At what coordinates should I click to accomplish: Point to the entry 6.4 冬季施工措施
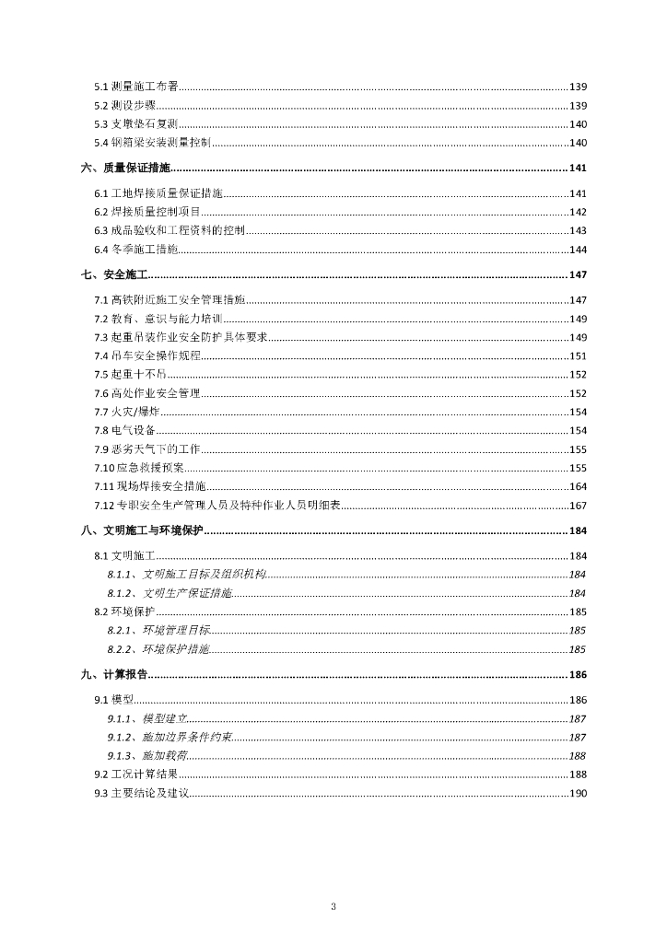point(136,250)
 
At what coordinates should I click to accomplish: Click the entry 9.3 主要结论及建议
point(141,793)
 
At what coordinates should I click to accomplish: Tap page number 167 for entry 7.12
point(578,505)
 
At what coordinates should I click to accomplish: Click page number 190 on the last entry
point(578,793)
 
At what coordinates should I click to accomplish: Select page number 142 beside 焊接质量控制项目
point(578,212)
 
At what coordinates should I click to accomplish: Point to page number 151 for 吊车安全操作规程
point(578,355)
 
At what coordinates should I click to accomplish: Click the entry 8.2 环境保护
point(123,611)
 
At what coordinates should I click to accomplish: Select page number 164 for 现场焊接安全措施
point(578,486)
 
